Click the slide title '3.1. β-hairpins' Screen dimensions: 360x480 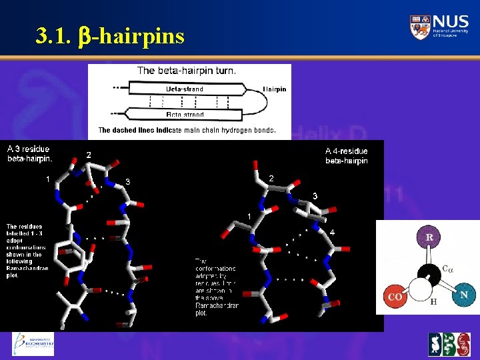[111, 35]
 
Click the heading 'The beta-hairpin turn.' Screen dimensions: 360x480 [186, 70]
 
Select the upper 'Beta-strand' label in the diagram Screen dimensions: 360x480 [185, 89]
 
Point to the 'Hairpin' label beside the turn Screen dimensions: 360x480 [275, 89]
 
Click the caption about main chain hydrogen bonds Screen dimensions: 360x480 [187, 130]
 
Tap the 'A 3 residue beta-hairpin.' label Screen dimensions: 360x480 [30, 154]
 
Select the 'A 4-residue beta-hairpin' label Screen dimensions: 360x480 [346, 156]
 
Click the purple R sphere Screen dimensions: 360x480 [430, 237]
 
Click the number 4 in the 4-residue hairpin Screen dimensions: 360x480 [332, 232]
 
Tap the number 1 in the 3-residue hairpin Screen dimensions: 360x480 [47, 178]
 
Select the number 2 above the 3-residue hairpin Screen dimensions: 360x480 [89, 155]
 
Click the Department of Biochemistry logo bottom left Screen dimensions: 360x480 [33, 344]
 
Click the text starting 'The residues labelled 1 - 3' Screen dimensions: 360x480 [24, 251]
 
